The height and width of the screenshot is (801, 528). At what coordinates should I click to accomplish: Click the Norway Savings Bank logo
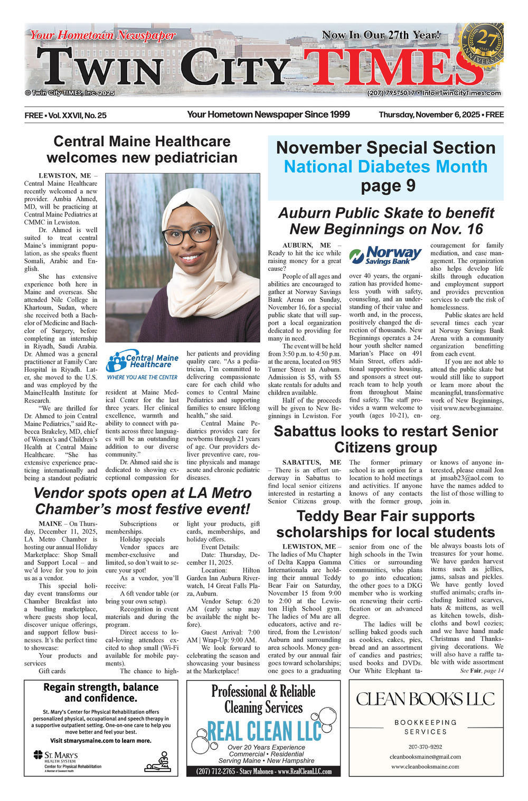(385, 256)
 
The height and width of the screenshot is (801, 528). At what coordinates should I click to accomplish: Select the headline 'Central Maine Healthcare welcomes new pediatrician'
(142, 149)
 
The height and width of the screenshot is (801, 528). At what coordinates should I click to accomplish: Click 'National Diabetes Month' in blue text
(385, 167)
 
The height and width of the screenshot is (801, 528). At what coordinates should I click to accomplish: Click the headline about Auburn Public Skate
(386, 221)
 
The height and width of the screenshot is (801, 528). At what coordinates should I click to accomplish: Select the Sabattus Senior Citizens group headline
(385, 439)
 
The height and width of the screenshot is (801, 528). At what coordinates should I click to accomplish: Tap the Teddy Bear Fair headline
(385, 524)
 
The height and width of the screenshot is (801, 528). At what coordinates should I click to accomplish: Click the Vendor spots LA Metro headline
(142, 501)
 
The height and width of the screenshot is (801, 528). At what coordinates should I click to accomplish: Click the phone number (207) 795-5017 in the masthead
(391, 93)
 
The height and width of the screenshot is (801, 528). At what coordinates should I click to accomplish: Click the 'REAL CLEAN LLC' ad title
(264, 731)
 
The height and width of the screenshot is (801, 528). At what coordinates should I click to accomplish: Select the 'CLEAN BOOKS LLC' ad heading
(426, 699)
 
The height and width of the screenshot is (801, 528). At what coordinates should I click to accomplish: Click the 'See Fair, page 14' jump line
(482, 671)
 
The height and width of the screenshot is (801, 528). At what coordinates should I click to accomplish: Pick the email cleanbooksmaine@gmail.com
(425, 757)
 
